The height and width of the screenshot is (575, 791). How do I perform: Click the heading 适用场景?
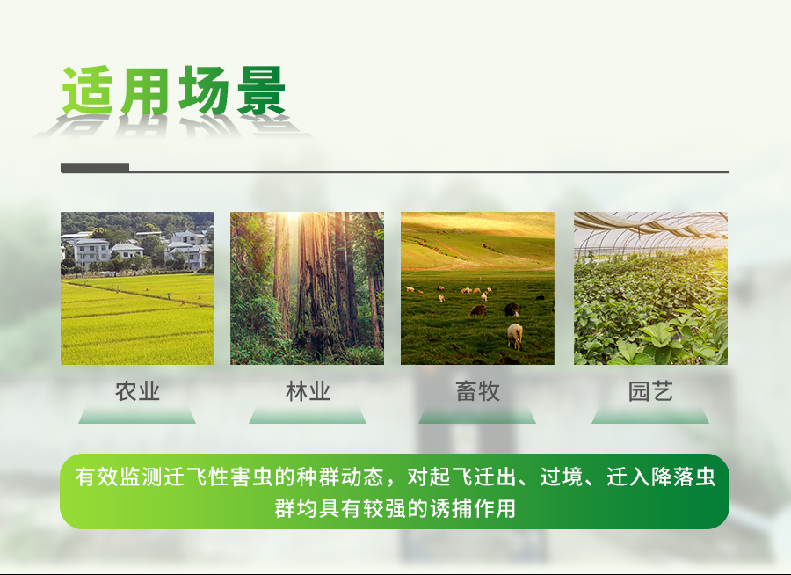pyautogui.click(x=174, y=91)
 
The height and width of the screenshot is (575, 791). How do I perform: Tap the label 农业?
pyautogui.click(x=137, y=391)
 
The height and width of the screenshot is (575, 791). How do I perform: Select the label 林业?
pyautogui.click(x=308, y=391)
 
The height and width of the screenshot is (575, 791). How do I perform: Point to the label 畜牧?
pyautogui.click(x=478, y=391)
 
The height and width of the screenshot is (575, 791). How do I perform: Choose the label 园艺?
pyautogui.click(x=650, y=391)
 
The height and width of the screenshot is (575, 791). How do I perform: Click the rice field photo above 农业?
pyautogui.click(x=137, y=288)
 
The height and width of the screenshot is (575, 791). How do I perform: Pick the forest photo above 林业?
pyautogui.click(x=308, y=288)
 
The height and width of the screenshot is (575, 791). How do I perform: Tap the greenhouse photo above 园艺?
pyautogui.click(x=650, y=288)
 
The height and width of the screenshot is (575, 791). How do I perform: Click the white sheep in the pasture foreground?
pyautogui.click(x=515, y=336)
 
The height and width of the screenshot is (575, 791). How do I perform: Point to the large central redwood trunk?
pyautogui.click(x=316, y=283)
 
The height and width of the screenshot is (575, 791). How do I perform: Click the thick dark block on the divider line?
pyautogui.click(x=95, y=168)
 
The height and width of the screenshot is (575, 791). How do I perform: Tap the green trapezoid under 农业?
pyautogui.click(x=137, y=415)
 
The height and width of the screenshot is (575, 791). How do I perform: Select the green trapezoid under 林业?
pyautogui.click(x=308, y=415)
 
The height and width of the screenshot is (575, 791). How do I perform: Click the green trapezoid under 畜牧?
pyautogui.click(x=477, y=415)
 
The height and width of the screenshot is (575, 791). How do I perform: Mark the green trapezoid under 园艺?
pyautogui.click(x=650, y=415)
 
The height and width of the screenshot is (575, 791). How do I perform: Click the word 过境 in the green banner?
pyautogui.click(x=562, y=477)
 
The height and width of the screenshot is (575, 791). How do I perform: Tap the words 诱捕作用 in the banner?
pyautogui.click(x=473, y=508)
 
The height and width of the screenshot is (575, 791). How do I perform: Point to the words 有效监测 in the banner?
pyautogui.click(x=119, y=477)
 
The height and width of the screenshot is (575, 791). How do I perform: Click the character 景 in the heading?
pyautogui.click(x=261, y=91)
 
